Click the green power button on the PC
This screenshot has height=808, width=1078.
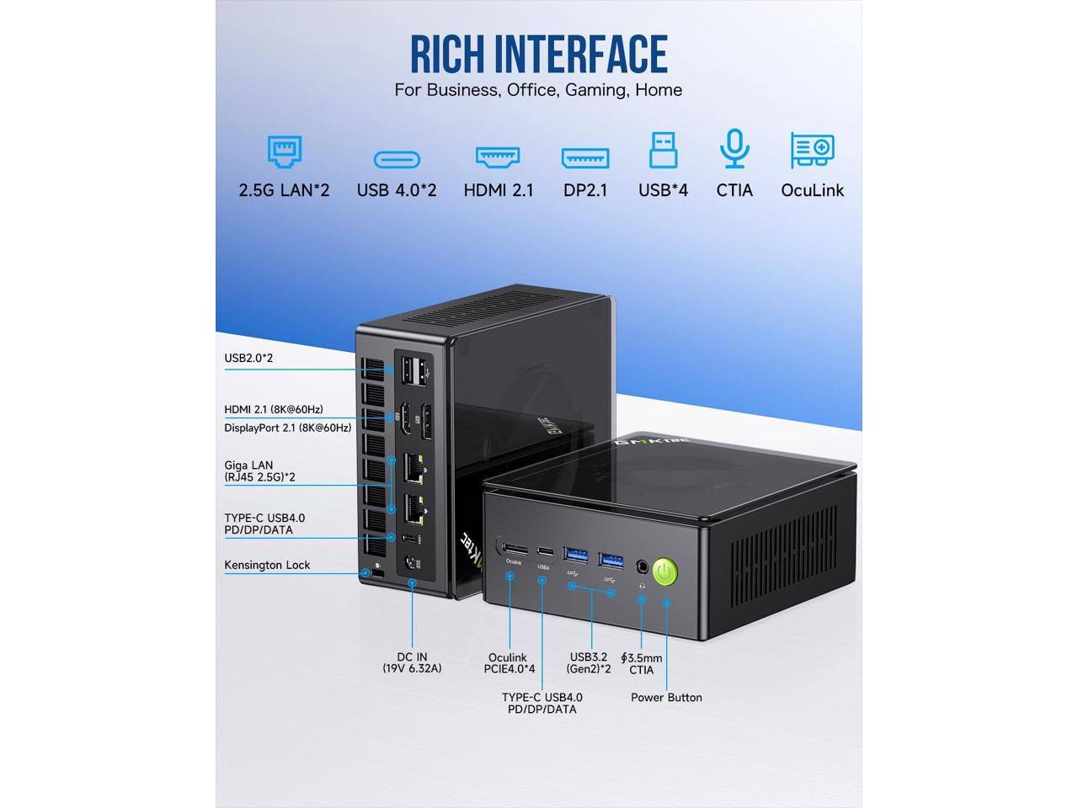[x=665, y=572]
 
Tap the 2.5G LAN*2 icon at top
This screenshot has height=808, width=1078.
[x=285, y=151]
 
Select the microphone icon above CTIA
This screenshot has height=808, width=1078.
[x=734, y=150]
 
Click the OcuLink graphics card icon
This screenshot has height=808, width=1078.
[x=812, y=151]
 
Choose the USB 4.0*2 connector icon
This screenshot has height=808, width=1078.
[x=397, y=158]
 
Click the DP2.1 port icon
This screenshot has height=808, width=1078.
[x=585, y=157]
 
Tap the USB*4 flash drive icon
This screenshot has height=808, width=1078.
[x=663, y=150]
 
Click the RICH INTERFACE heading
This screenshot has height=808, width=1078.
[x=538, y=54]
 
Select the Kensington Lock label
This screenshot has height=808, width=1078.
[x=267, y=565]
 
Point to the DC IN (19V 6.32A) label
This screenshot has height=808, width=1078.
[x=412, y=662]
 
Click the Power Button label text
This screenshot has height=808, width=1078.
[x=666, y=697]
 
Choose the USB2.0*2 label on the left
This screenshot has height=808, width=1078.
[x=248, y=358]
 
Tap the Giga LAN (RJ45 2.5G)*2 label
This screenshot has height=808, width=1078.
[x=259, y=470]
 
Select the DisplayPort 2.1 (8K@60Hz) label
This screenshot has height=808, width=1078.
[x=287, y=428]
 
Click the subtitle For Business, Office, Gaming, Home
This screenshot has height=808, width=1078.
[x=538, y=90]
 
